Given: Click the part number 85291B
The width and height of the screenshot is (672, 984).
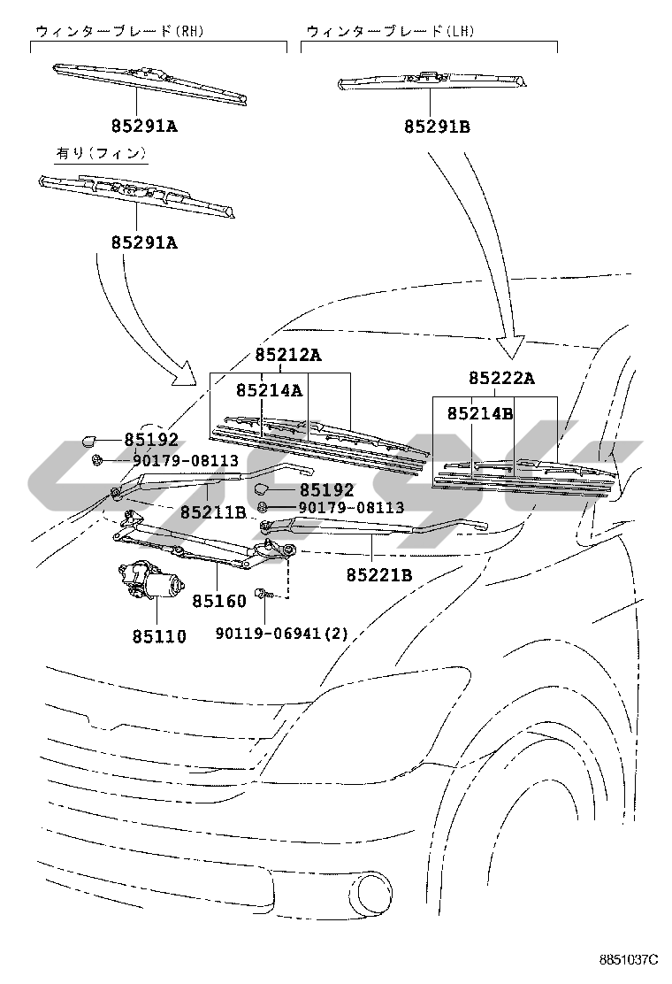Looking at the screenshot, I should [x=437, y=127].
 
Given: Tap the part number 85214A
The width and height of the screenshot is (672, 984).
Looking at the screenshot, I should [x=270, y=389].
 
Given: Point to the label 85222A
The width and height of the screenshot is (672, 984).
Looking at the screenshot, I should [x=501, y=378].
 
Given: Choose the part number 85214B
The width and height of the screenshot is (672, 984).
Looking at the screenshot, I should [x=480, y=413].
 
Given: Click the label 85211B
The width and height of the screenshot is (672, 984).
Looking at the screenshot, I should [x=213, y=511].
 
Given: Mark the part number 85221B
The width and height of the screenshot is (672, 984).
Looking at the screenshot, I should [x=379, y=574].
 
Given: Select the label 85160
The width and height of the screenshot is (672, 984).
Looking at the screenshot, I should [x=220, y=601].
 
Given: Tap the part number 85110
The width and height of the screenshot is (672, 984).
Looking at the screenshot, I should [x=159, y=635].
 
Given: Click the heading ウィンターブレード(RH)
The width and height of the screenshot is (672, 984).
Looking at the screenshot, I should [x=119, y=31].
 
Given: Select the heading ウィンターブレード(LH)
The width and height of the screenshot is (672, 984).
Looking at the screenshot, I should [x=389, y=31].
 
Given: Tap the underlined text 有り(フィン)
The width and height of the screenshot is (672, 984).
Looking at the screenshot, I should [x=100, y=153].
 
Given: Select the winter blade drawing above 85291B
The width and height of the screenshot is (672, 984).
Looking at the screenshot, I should [x=433, y=81].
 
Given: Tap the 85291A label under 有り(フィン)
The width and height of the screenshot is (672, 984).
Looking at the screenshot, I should [x=143, y=242].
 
